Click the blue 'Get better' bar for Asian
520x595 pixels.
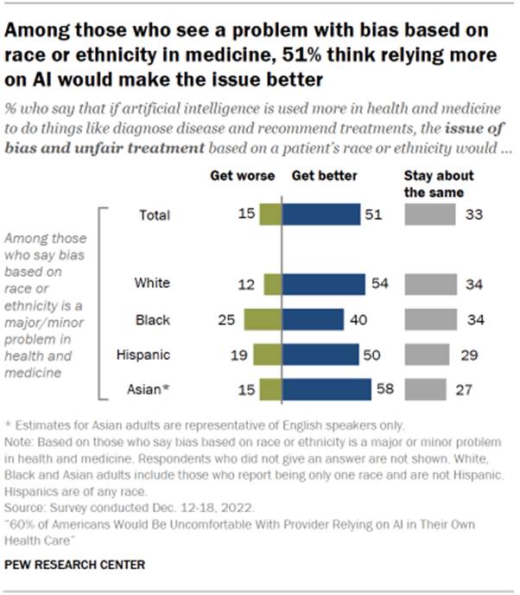pyautogui.click(x=326, y=389)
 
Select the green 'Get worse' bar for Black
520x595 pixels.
pyautogui.click(x=262, y=319)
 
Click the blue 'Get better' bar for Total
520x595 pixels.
pyautogui.click(x=320, y=214)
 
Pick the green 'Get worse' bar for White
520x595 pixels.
pyautogui.click(x=272, y=284)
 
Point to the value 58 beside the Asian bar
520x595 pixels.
pyautogui.click(x=384, y=389)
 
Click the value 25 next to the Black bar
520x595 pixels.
pyautogui.click(x=226, y=319)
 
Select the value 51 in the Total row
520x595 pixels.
pyautogui.click(x=373, y=214)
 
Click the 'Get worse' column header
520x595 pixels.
pyautogui.click(x=243, y=176)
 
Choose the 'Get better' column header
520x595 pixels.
pyautogui.click(x=324, y=176)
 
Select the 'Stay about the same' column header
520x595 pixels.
pyautogui.click(x=434, y=183)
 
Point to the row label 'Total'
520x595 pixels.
pyautogui.click(x=155, y=214)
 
